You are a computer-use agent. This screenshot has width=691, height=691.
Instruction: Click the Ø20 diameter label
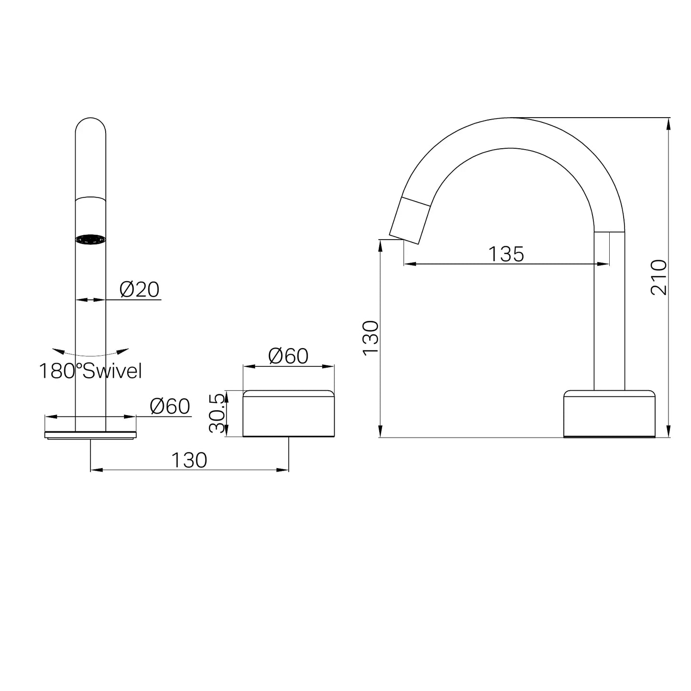[x=140, y=289]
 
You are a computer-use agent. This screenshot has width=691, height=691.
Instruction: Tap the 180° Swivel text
[x=90, y=371]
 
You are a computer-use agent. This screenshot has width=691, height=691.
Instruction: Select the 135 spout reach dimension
[x=506, y=254]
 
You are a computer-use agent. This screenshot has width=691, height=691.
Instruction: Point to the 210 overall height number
[x=659, y=277]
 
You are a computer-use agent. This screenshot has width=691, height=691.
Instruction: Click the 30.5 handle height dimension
[x=217, y=413]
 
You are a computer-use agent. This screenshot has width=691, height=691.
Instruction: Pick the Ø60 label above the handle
[x=288, y=356]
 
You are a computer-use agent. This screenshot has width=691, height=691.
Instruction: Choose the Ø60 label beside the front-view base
[x=170, y=406]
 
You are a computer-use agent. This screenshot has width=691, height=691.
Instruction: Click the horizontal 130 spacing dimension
[x=189, y=460]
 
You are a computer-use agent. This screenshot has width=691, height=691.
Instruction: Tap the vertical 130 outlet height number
[x=371, y=338]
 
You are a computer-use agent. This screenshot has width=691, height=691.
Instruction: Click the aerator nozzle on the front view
[x=90, y=240]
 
